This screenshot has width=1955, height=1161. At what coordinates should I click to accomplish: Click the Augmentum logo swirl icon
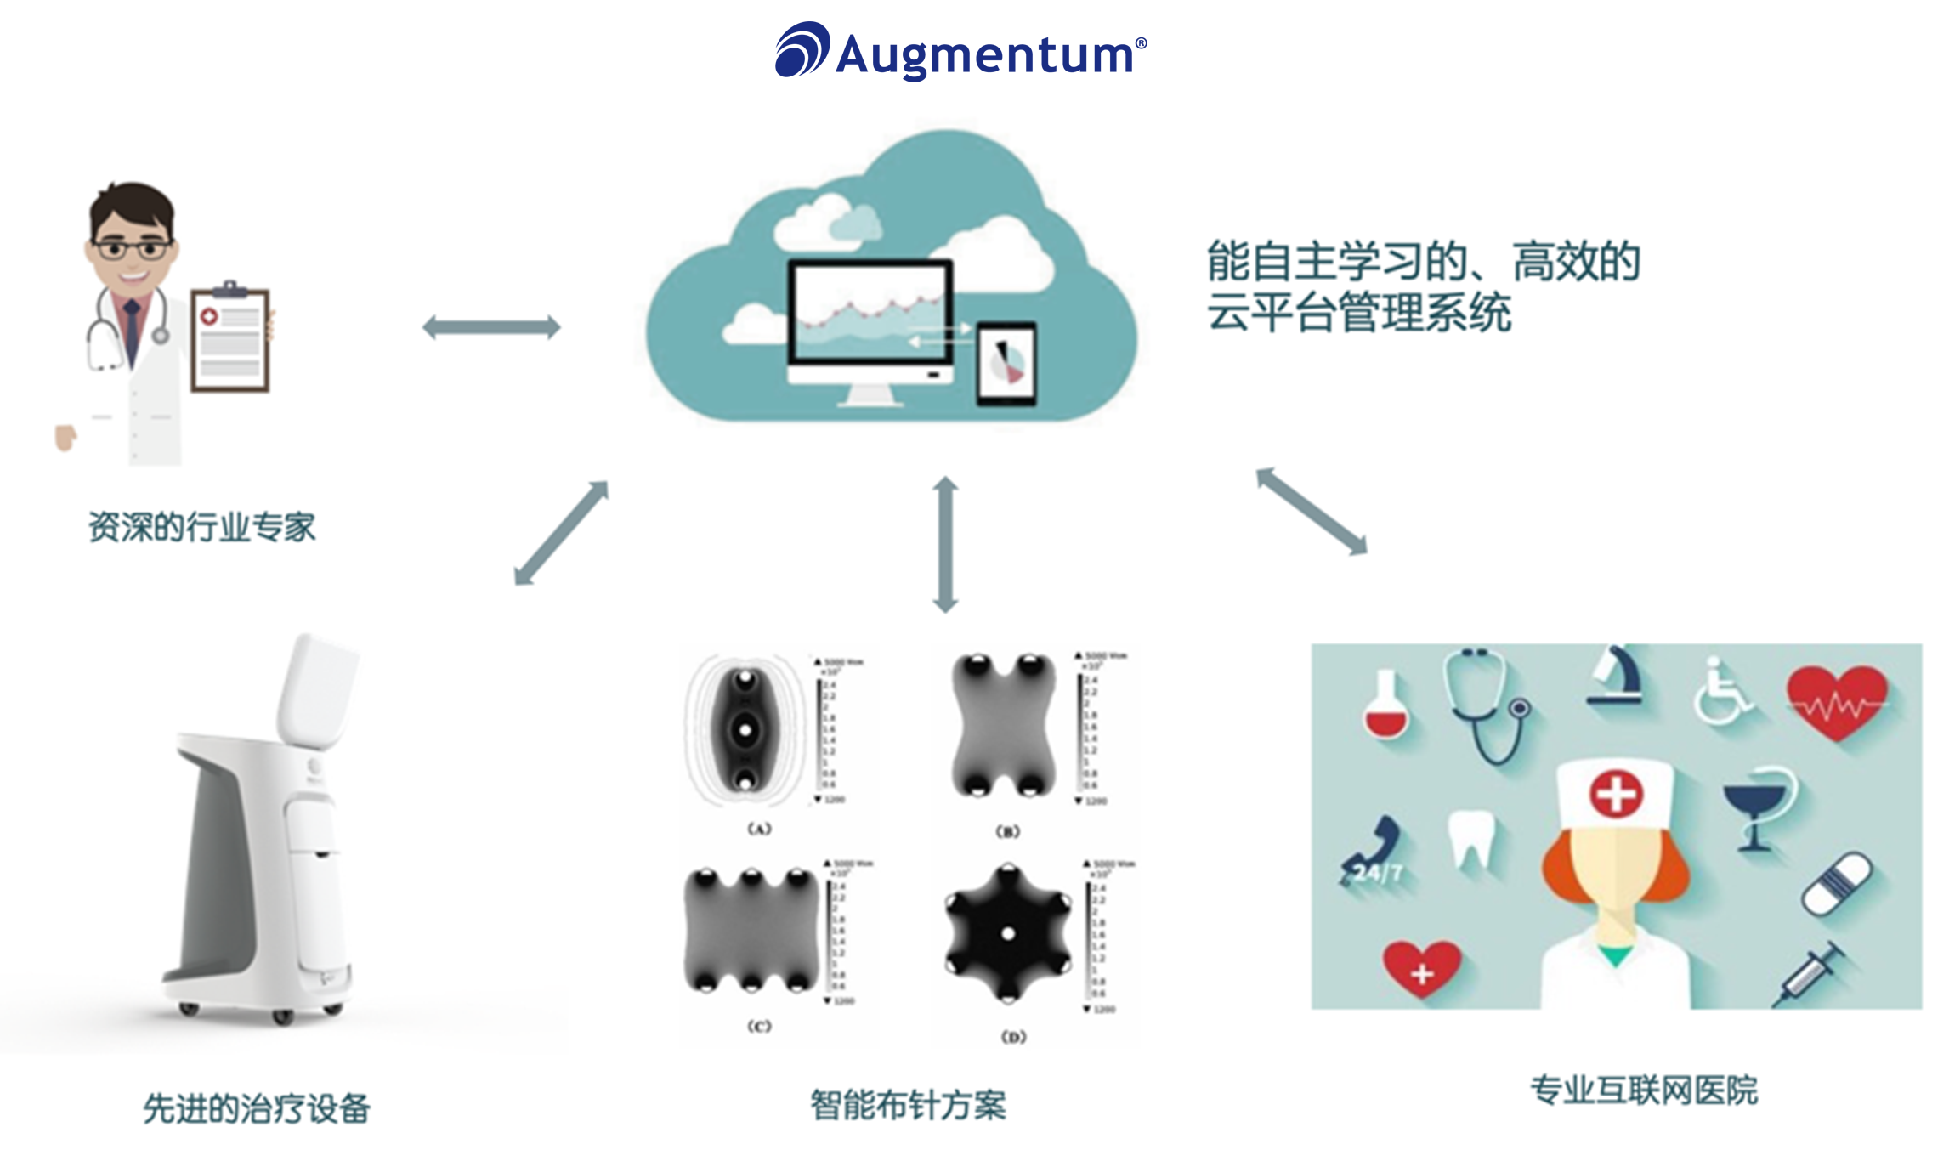[x=801, y=50]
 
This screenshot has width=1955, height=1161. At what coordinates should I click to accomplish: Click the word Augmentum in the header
[x=986, y=55]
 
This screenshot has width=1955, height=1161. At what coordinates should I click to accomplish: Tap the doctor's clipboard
[x=229, y=339]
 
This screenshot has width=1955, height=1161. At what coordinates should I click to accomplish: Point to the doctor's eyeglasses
[x=132, y=249]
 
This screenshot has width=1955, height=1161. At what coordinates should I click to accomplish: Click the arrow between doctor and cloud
[x=491, y=327]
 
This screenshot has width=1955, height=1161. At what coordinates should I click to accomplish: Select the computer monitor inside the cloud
[x=870, y=314]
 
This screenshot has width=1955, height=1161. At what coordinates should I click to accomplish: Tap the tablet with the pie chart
[x=1006, y=361]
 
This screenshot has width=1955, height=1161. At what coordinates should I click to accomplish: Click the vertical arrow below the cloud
[x=945, y=544]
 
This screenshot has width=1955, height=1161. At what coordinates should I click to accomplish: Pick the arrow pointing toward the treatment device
[x=561, y=533]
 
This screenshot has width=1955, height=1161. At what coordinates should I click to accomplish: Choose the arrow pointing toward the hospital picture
[x=1312, y=511]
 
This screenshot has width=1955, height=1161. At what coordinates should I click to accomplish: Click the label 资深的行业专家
[x=202, y=528]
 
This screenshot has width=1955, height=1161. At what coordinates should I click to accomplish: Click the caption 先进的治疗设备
[x=257, y=1108]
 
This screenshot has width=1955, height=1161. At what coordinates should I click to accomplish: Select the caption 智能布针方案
[x=908, y=1106]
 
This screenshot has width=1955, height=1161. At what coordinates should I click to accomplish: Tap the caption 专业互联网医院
[x=1643, y=1090]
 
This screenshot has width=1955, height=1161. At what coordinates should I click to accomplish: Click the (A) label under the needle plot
[x=759, y=829]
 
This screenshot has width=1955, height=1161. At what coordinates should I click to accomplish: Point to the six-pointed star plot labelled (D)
[x=1008, y=934]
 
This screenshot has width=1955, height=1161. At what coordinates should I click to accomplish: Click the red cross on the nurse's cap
[x=1616, y=794]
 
